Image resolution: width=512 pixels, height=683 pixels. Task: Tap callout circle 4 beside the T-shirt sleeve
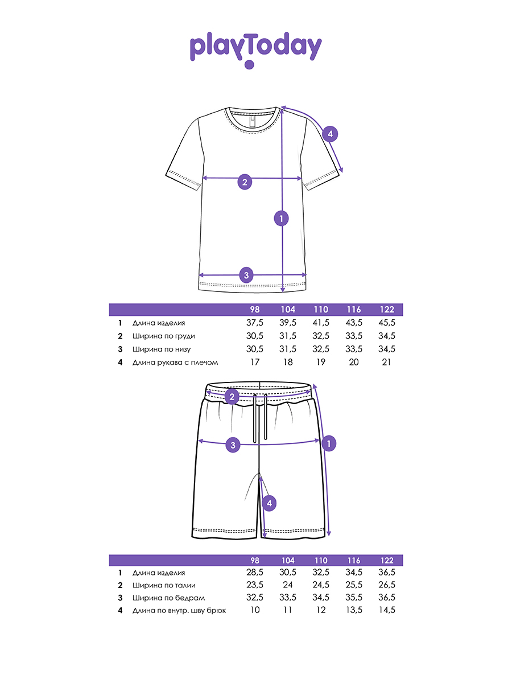pos(330,134)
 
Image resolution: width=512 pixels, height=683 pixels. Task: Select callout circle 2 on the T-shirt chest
pos(245,182)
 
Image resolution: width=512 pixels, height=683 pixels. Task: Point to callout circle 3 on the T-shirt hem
pos(246,275)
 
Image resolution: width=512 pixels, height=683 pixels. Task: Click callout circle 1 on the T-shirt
pos(281,218)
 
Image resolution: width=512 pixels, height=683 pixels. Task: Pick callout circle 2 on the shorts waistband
pos(232,397)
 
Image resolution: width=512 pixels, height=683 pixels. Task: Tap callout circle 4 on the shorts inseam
pos(270,503)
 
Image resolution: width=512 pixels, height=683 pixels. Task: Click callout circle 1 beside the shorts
pos(329,443)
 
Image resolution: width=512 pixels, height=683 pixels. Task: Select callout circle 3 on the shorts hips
pos(233,445)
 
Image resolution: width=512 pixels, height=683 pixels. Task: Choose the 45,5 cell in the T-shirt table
pos(386,323)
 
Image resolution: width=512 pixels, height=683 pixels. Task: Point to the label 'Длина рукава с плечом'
pos(175,363)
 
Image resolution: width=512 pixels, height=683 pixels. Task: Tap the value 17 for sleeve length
pos(255,363)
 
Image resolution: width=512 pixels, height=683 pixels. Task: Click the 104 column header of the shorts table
pos(288,560)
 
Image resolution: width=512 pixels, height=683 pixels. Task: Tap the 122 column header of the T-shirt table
pos(386,310)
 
